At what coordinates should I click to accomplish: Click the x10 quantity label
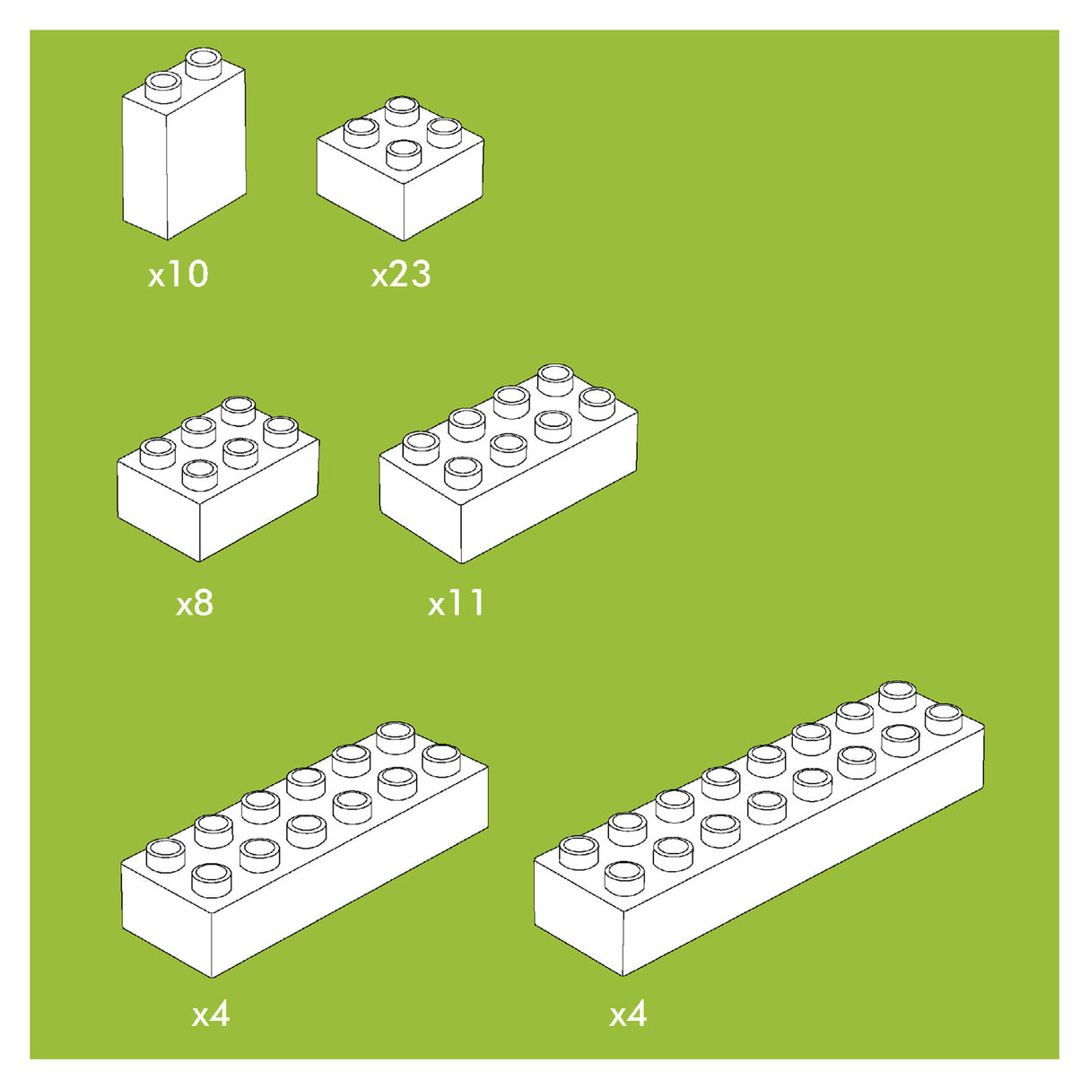(178, 274)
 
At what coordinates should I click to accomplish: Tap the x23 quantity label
(401, 274)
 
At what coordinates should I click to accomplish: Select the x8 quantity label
(195, 603)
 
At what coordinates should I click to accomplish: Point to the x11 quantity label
(456, 603)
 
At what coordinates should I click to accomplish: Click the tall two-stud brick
(184, 144)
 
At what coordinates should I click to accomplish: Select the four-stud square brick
(400, 169)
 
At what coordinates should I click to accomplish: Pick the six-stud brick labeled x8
(218, 479)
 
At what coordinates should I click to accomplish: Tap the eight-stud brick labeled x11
(509, 464)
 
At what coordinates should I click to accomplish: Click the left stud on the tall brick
(163, 88)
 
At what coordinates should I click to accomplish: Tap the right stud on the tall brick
(204, 64)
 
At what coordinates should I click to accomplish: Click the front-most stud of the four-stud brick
(404, 155)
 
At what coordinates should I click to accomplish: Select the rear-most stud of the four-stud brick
(402, 111)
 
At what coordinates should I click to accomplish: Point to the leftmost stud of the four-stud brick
(362, 133)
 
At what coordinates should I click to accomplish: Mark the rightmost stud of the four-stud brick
(444, 133)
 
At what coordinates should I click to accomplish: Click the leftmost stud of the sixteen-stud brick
(579, 853)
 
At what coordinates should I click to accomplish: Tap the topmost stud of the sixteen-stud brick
(898, 697)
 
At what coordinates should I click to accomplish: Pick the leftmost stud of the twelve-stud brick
(166, 856)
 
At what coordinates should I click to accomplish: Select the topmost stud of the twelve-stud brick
(396, 738)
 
